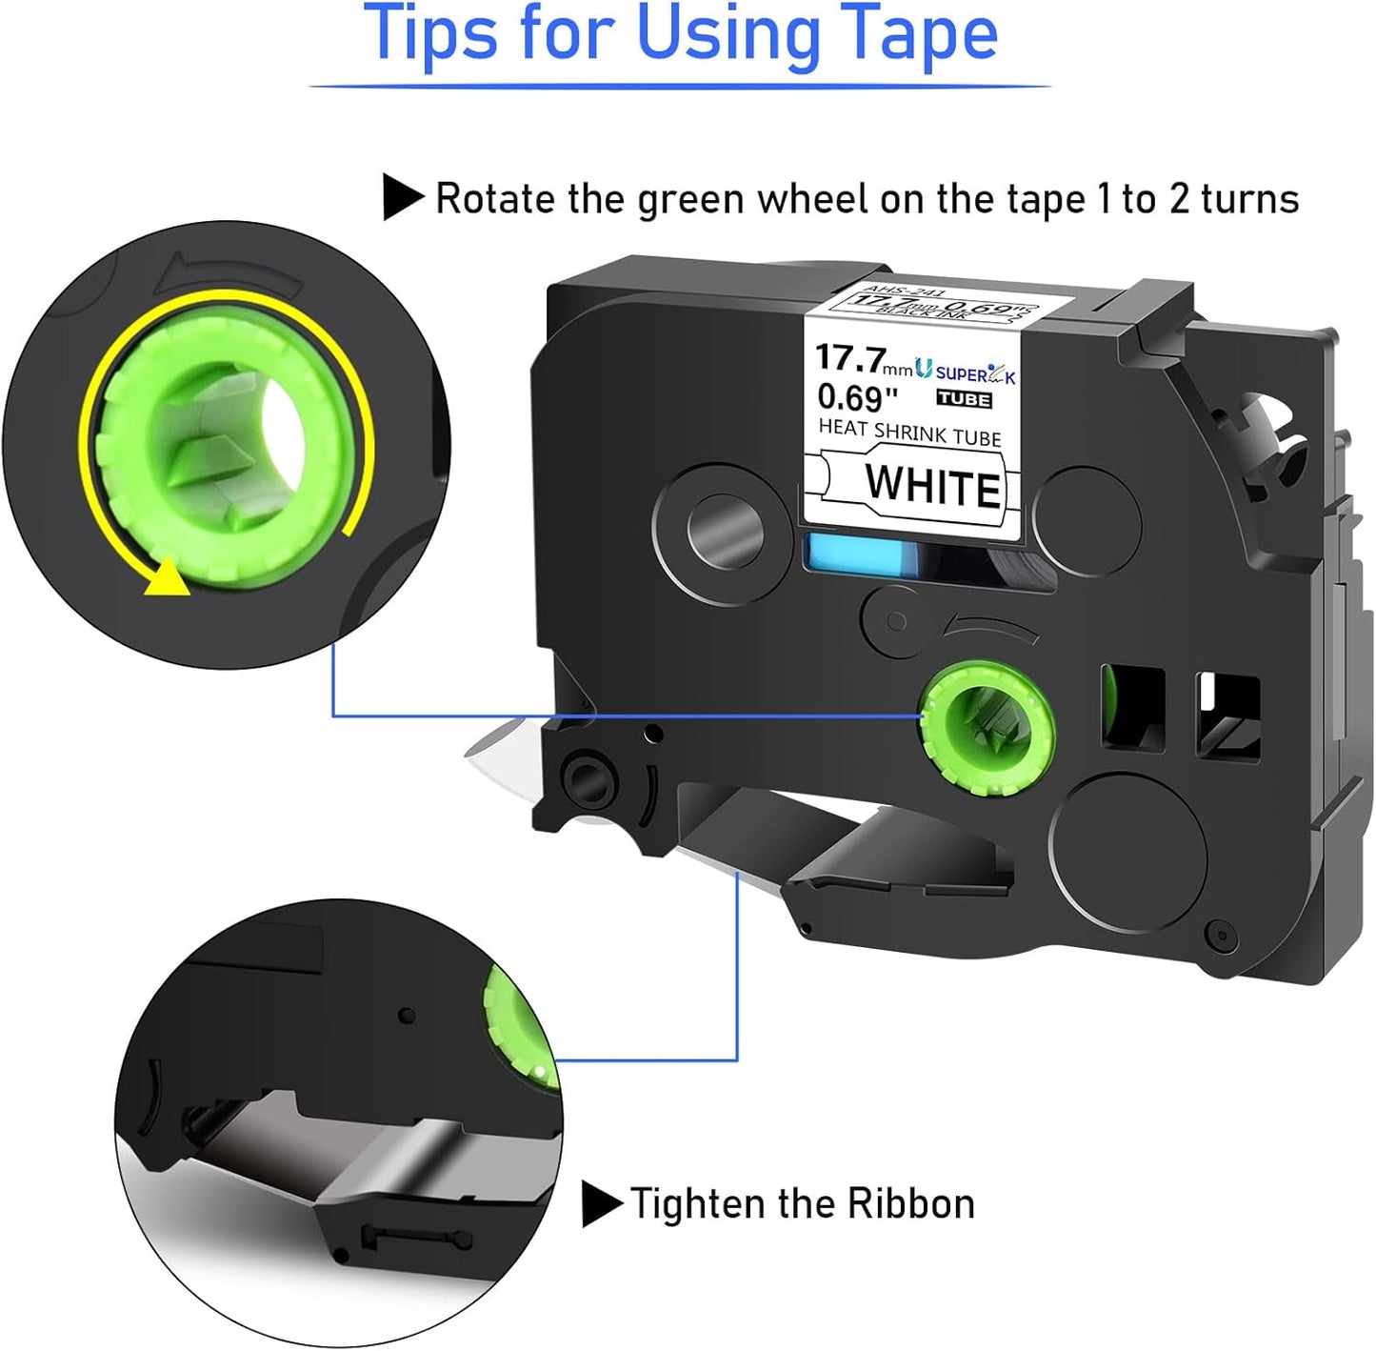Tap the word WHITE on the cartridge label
pos(932,486)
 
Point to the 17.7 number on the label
pos(849,359)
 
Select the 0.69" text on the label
pos(857,397)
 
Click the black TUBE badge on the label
pos(964,399)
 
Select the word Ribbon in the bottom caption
pos(911,1204)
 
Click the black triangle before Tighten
pos(601,1204)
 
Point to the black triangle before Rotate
pos(403,197)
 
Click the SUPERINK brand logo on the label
pos(966,372)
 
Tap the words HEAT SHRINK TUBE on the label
pos(909,433)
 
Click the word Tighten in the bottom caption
pos(699,1204)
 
